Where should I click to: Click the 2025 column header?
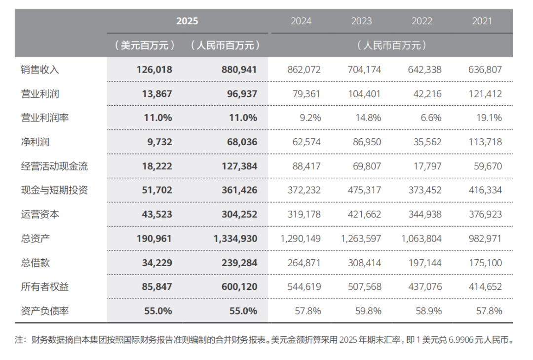coord(187,21)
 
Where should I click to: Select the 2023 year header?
coord(361,21)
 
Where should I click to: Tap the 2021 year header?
coord(482,21)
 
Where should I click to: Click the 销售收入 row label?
coord(40,70)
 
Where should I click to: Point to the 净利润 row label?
coord(35,142)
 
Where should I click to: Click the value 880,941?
coord(236,70)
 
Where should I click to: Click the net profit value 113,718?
coord(485,142)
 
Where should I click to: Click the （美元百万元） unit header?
coord(144,45)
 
